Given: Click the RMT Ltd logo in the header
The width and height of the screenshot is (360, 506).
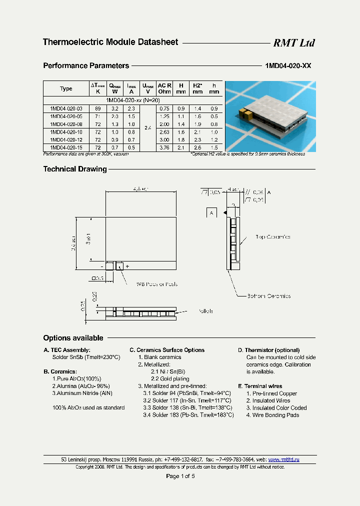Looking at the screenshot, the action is [x=293, y=43].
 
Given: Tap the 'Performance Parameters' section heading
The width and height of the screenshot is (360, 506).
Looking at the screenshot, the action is [x=86, y=65].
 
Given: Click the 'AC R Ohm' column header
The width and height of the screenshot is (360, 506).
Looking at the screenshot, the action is [x=164, y=88].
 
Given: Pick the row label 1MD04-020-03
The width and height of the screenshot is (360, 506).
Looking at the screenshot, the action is [x=66, y=108].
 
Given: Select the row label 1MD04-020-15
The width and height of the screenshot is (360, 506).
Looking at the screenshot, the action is [x=66, y=147].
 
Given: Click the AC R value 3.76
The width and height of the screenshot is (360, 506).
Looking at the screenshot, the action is [x=164, y=147].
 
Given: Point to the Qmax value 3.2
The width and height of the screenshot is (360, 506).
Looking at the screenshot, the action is [x=114, y=108].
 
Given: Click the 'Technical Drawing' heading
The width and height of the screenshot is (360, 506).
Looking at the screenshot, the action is [x=75, y=169].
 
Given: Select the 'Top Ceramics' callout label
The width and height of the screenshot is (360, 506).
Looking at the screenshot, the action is [x=272, y=237].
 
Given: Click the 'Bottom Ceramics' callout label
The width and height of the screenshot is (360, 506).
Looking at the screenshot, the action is [x=269, y=296].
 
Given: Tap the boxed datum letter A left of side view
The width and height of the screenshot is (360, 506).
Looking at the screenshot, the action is [x=211, y=212].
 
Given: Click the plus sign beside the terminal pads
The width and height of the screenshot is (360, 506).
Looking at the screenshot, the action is [x=127, y=266].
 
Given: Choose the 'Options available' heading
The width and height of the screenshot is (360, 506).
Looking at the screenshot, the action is [x=73, y=338].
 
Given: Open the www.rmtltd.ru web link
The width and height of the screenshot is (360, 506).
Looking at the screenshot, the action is [x=283, y=459].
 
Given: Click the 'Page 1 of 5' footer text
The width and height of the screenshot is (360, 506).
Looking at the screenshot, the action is [x=180, y=476].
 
